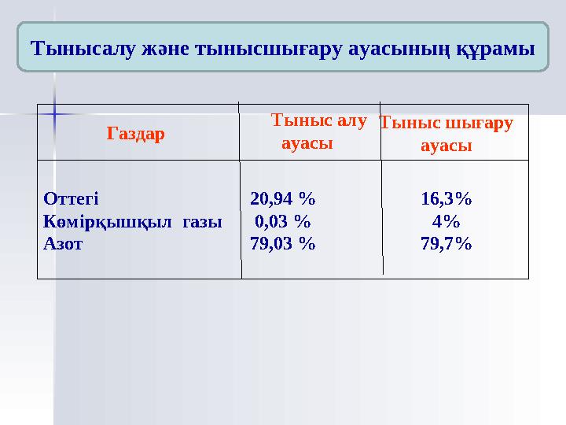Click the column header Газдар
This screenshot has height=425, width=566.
[x=135, y=134]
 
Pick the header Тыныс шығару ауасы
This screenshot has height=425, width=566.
[x=446, y=134]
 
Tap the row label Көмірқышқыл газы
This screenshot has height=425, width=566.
[x=132, y=221]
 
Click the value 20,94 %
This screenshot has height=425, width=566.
[x=283, y=198]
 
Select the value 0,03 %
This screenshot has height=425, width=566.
[x=282, y=221]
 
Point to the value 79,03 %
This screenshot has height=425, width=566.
[x=283, y=244]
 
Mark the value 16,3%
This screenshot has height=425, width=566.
[x=447, y=198]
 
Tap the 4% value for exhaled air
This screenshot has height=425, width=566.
[x=446, y=221]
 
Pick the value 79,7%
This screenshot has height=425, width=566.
[x=447, y=244]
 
